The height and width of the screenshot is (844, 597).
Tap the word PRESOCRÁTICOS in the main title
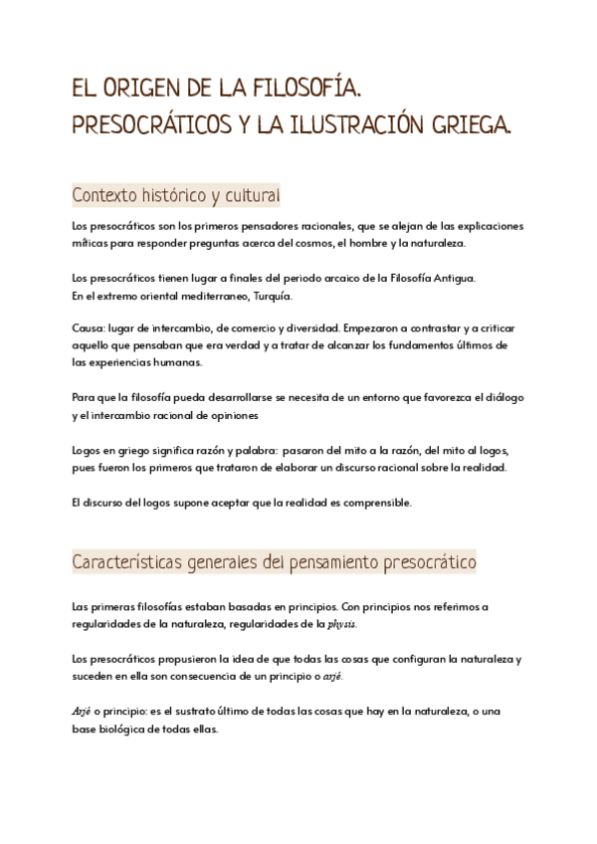(147, 126)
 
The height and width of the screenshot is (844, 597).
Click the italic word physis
(341, 624)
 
